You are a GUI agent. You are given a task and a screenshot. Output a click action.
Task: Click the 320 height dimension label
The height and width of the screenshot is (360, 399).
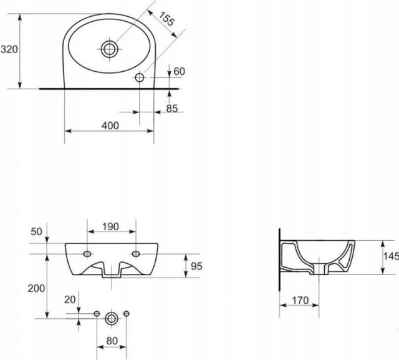[x=9, y=49]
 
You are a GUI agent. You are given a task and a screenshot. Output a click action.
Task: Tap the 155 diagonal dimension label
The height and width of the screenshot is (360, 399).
[x=166, y=18]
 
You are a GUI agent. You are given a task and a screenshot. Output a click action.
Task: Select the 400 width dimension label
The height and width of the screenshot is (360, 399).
[x=110, y=125]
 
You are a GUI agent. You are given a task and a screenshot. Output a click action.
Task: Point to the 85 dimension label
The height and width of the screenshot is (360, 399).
[x=172, y=109]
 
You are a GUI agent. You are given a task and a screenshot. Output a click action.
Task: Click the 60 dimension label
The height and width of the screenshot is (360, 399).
[x=179, y=72]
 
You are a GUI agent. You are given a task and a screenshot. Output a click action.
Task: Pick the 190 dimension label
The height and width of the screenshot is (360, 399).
[x=110, y=226]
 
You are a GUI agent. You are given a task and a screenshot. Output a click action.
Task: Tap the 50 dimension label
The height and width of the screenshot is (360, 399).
[x=36, y=231]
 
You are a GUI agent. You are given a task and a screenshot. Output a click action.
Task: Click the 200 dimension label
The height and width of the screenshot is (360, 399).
[x=36, y=288]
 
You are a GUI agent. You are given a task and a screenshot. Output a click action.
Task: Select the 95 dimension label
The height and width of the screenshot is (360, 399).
[x=196, y=266]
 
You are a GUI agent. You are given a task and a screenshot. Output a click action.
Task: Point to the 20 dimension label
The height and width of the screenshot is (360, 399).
[x=70, y=299]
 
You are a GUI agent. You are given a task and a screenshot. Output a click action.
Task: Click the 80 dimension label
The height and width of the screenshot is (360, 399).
[x=112, y=341]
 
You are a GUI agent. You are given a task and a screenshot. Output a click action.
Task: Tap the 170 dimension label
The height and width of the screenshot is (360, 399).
[x=300, y=301]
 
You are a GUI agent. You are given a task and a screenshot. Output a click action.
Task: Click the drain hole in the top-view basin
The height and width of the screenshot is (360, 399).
[x=110, y=49]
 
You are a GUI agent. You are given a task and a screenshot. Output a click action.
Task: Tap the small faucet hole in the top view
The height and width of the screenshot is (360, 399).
[x=140, y=77]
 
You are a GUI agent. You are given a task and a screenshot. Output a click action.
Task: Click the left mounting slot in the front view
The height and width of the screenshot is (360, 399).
[x=87, y=253]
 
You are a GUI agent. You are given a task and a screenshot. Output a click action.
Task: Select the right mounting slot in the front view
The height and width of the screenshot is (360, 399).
[x=136, y=253]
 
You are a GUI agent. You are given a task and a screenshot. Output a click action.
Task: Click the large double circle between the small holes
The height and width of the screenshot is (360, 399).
[x=112, y=318]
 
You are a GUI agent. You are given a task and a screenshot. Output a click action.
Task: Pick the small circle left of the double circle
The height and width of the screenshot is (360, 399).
[x=97, y=314]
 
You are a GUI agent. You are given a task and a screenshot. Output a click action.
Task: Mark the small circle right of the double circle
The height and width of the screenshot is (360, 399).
[x=126, y=314]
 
